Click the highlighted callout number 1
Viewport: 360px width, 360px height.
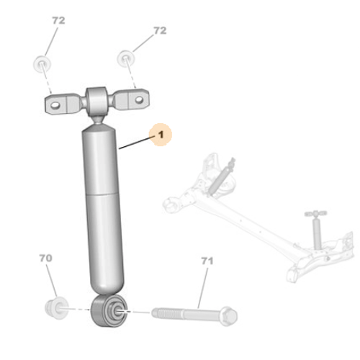pos(161,135)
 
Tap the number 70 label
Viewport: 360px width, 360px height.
pos(45,258)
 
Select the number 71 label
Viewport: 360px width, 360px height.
pos(207,261)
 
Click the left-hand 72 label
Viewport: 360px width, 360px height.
pos(58,20)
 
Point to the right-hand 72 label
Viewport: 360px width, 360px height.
pos(160,30)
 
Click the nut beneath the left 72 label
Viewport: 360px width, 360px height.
pos(42,64)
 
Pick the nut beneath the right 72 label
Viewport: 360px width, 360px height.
pos(126,58)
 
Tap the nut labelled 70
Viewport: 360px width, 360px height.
pos(57,308)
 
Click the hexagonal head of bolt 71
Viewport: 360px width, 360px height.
pos(229,315)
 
